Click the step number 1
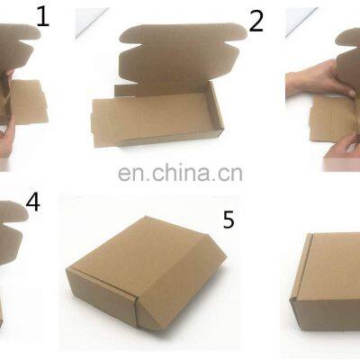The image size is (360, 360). tap(42, 17)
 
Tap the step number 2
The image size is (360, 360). tap(256, 21)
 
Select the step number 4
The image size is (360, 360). tap(32, 202)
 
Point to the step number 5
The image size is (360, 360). tap(229, 220)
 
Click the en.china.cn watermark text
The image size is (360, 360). tap(180, 173)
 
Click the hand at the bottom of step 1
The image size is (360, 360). tap(6, 137)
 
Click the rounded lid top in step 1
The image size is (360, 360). tap(20, 31)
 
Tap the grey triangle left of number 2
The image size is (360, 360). tap(90, 22)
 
